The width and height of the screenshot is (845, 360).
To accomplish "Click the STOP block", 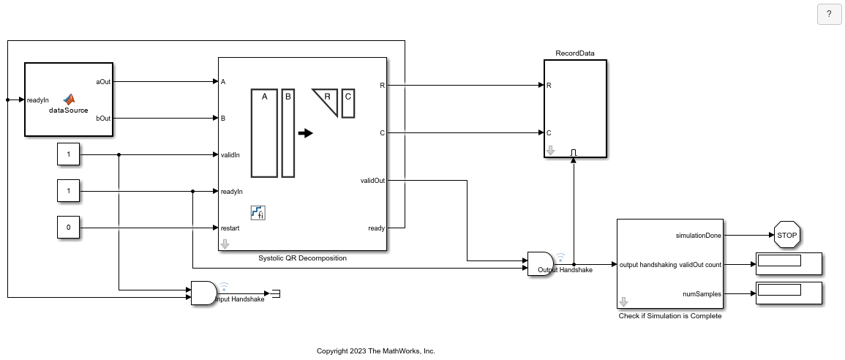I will tap(786, 236).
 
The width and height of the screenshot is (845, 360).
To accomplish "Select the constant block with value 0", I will tap(69, 228).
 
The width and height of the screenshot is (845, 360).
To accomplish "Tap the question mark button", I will tap(829, 14).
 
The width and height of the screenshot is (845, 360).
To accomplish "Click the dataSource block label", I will tap(69, 110).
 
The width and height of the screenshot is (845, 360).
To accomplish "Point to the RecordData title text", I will tap(574, 53).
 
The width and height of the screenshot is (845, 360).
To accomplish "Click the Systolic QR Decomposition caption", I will tap(302, 258).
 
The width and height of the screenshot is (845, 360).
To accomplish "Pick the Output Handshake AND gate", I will tap(540, 263).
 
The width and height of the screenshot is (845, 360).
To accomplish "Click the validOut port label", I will tap(372, 180).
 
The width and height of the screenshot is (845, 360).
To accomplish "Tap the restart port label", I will tap(230, 228).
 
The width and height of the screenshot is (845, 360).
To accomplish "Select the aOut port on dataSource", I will tap(103, 81).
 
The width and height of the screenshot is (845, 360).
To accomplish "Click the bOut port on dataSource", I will tap(103, 118).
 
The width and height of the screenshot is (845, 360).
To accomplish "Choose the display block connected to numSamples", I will tap(788, 293).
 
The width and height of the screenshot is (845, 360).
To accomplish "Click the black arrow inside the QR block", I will tap(305, 133).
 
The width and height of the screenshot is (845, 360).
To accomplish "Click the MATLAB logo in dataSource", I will tap(69, 99).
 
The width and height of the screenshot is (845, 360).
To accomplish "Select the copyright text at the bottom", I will tap(375, 351).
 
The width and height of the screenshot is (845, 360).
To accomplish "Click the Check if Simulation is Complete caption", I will tap(669, 316).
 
